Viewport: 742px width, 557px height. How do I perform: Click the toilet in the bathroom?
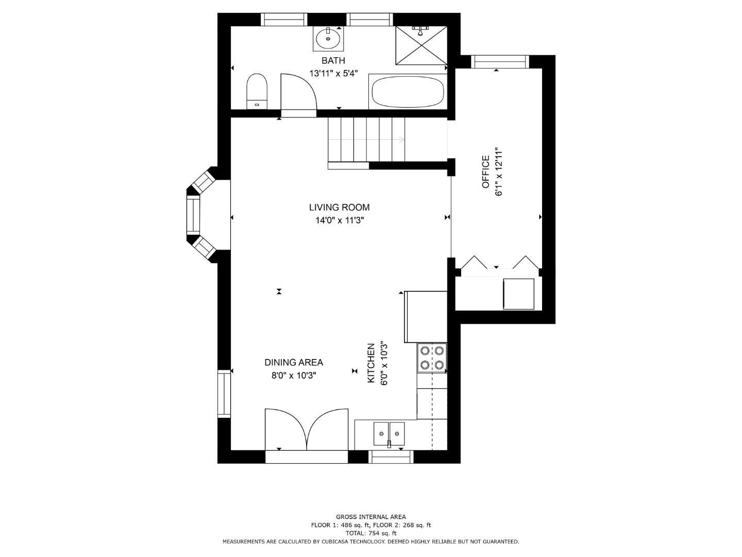(257, 91)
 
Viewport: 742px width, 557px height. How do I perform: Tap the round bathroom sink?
(328, 38)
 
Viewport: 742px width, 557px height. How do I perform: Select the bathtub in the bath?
(408, 92)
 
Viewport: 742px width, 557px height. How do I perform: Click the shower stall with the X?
(421, 45)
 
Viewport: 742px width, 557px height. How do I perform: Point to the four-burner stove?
(432, 358)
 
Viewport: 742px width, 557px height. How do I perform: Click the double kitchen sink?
(389, 433)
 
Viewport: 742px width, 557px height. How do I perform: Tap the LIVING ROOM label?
(339, 207)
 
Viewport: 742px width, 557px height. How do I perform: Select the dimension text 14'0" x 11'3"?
(339, 221)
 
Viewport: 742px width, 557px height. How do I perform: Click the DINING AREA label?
(294, 363)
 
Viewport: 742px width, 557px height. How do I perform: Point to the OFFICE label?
(485, 172)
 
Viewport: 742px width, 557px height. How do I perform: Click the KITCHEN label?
(370, 363)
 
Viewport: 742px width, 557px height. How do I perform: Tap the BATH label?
(333, 60)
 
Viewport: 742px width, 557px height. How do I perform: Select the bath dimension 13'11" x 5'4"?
(333, 74)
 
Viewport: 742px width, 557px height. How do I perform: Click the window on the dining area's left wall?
(224, 394)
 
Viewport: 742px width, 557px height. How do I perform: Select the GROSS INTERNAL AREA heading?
(370, 517)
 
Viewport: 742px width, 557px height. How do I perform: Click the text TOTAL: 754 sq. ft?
(370, 533)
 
